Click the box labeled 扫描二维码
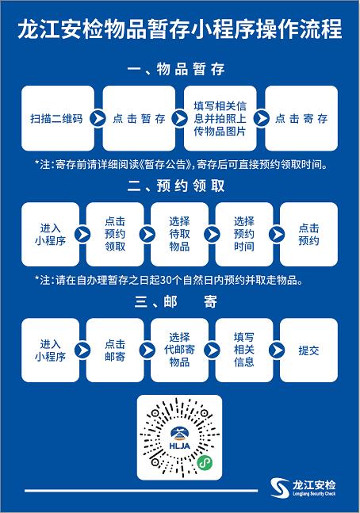[58, 118]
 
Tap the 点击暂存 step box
[139, 118]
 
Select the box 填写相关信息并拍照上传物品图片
[220, 118]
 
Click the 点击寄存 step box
[301, 118]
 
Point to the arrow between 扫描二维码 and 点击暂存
[98, 118]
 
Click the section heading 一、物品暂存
[176, 69]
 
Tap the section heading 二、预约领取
[176, 186]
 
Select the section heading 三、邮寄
[176, 301]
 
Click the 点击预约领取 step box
[115, 234]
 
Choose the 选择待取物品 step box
[179, 234]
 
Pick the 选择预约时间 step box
[243, 234]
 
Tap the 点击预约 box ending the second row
[308, 234]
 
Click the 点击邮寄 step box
[115, 350]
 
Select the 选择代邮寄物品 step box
[179, 350]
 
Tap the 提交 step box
[308, 350]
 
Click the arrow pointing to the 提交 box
[277, 350]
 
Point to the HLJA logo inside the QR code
[180, 438]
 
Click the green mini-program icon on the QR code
[205, 462]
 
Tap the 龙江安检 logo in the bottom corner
[304, 488]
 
